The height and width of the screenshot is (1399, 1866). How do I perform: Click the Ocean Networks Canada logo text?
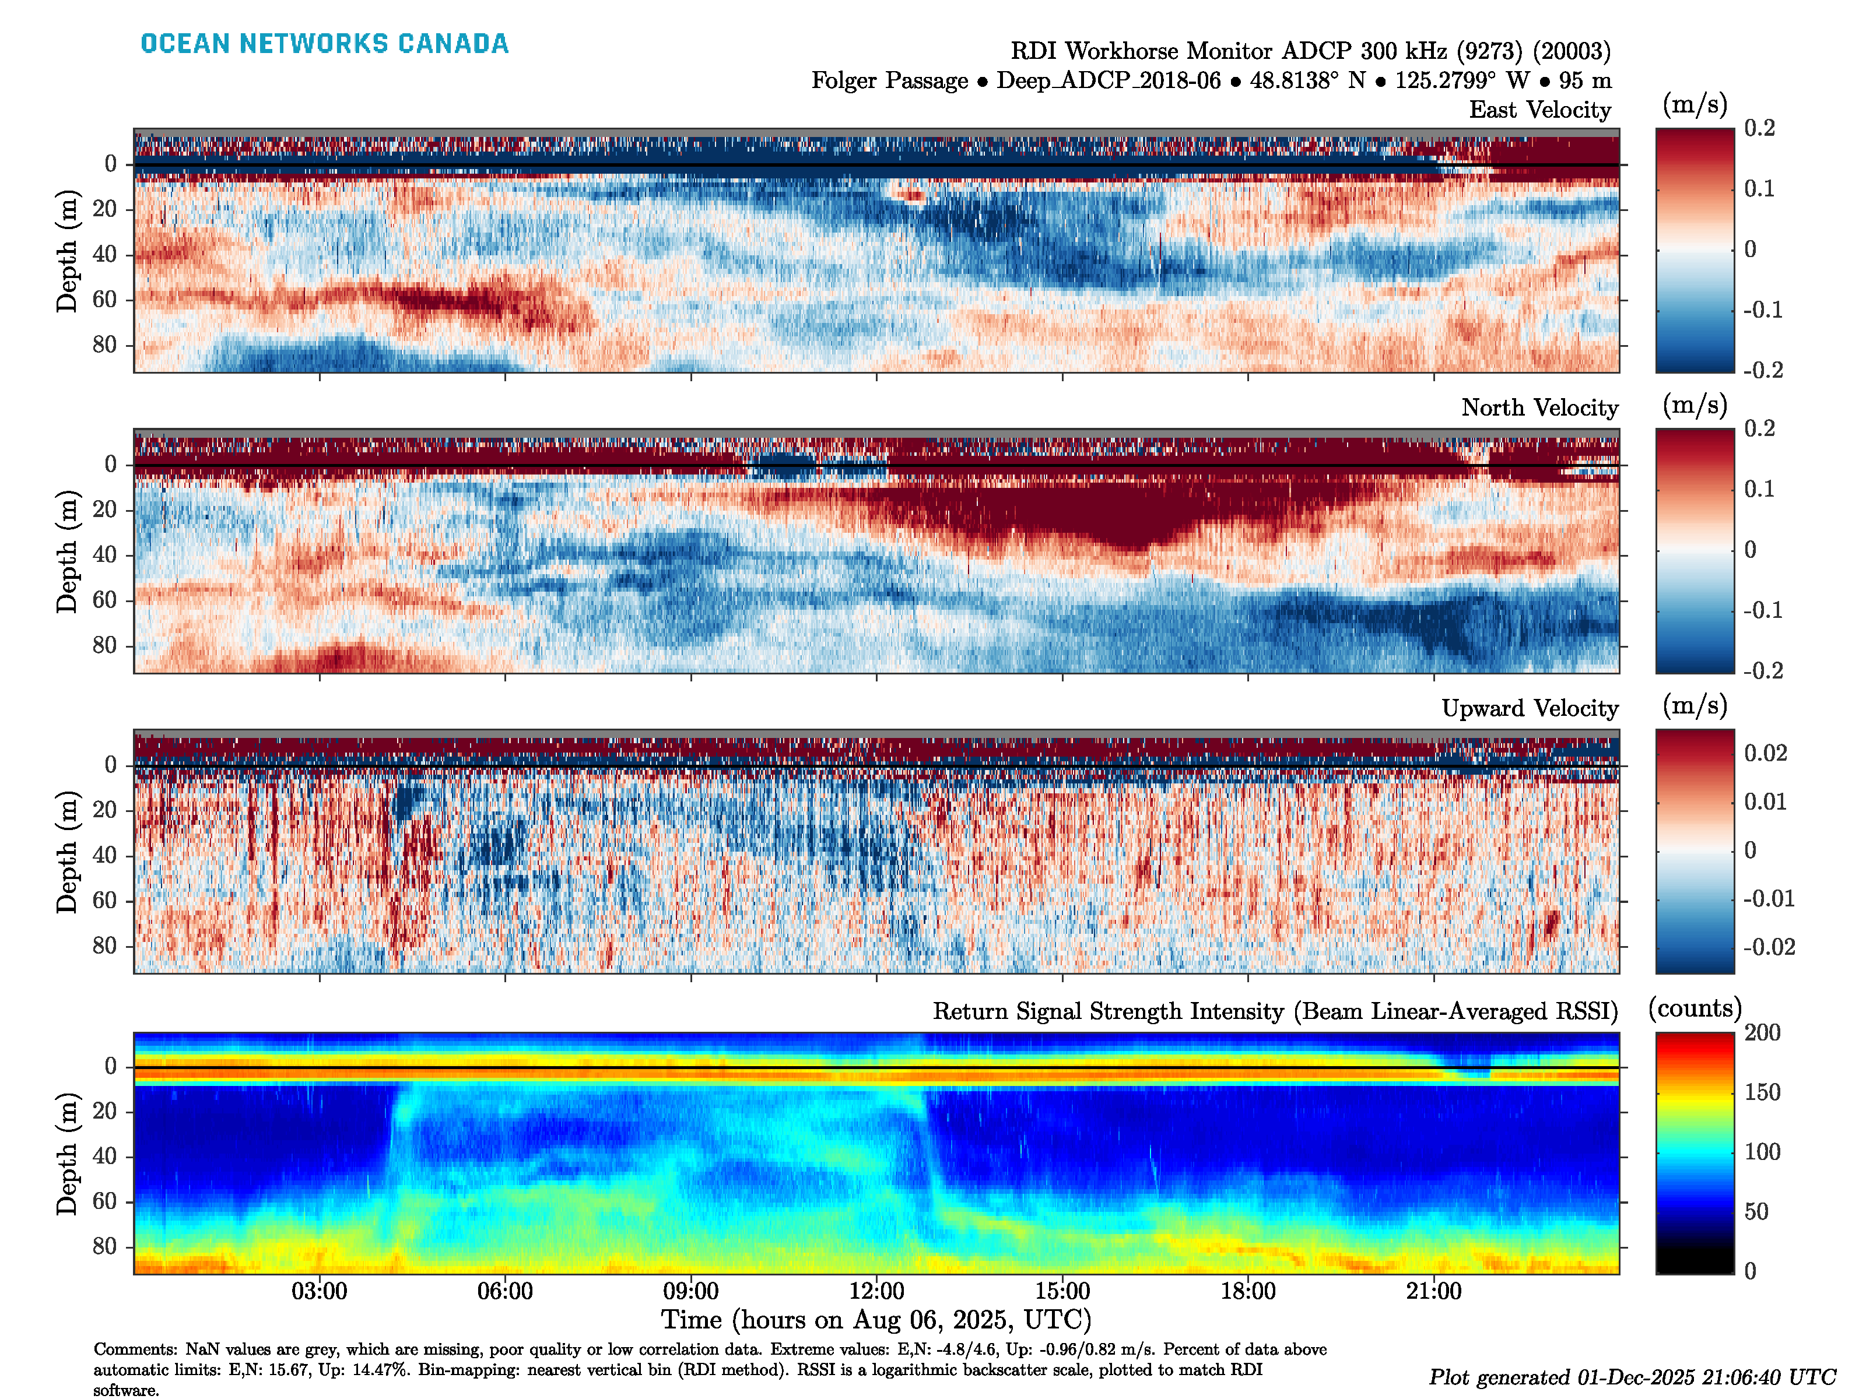click(324, 44)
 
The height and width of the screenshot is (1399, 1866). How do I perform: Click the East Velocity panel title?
click(1539, 110)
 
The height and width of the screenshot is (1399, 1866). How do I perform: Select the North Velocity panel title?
click(1539, 408)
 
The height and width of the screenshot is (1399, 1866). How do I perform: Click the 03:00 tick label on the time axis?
click(319, 1291)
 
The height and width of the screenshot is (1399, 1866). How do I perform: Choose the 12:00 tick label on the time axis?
click(876, 1291)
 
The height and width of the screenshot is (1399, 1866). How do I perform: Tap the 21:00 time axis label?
click(1433, 1291)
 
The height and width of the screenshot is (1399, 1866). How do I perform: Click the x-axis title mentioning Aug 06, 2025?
click(876, 1320)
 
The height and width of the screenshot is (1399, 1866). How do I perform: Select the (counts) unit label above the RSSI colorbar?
click(1694, 1008)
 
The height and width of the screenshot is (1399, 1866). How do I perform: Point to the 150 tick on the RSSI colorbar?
click(1762, 1093)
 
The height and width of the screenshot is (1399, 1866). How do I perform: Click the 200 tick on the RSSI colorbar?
click(1762, 1033)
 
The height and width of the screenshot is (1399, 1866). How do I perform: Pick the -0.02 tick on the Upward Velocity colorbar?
click(1768, 947)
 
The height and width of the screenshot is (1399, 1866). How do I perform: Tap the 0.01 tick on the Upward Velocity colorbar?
click(1765, 802)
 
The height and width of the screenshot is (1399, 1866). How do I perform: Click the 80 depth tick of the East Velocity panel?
click(104, 345)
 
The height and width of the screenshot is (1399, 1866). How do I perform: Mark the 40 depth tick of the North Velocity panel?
click(104, 555)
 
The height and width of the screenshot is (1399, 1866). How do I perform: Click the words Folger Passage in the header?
click(889, 81)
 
